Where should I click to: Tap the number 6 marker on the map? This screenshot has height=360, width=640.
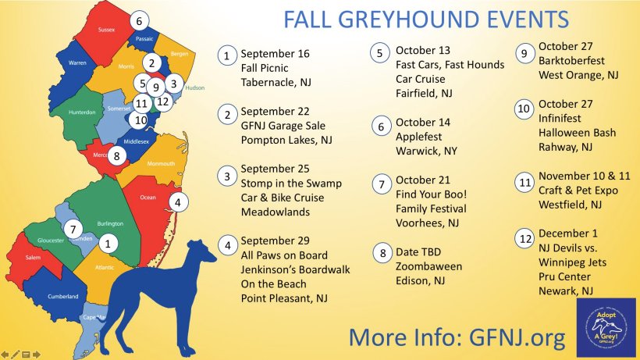139,21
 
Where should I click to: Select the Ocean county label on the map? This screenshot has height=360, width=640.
148,198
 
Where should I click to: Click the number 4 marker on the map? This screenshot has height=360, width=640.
178,202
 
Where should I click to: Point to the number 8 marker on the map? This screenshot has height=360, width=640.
116,155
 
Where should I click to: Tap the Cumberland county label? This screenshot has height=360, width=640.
62,297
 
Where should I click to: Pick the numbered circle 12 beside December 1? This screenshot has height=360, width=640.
524,237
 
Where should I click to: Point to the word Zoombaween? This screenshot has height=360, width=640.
428,266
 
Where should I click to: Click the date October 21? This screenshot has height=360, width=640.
423,180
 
